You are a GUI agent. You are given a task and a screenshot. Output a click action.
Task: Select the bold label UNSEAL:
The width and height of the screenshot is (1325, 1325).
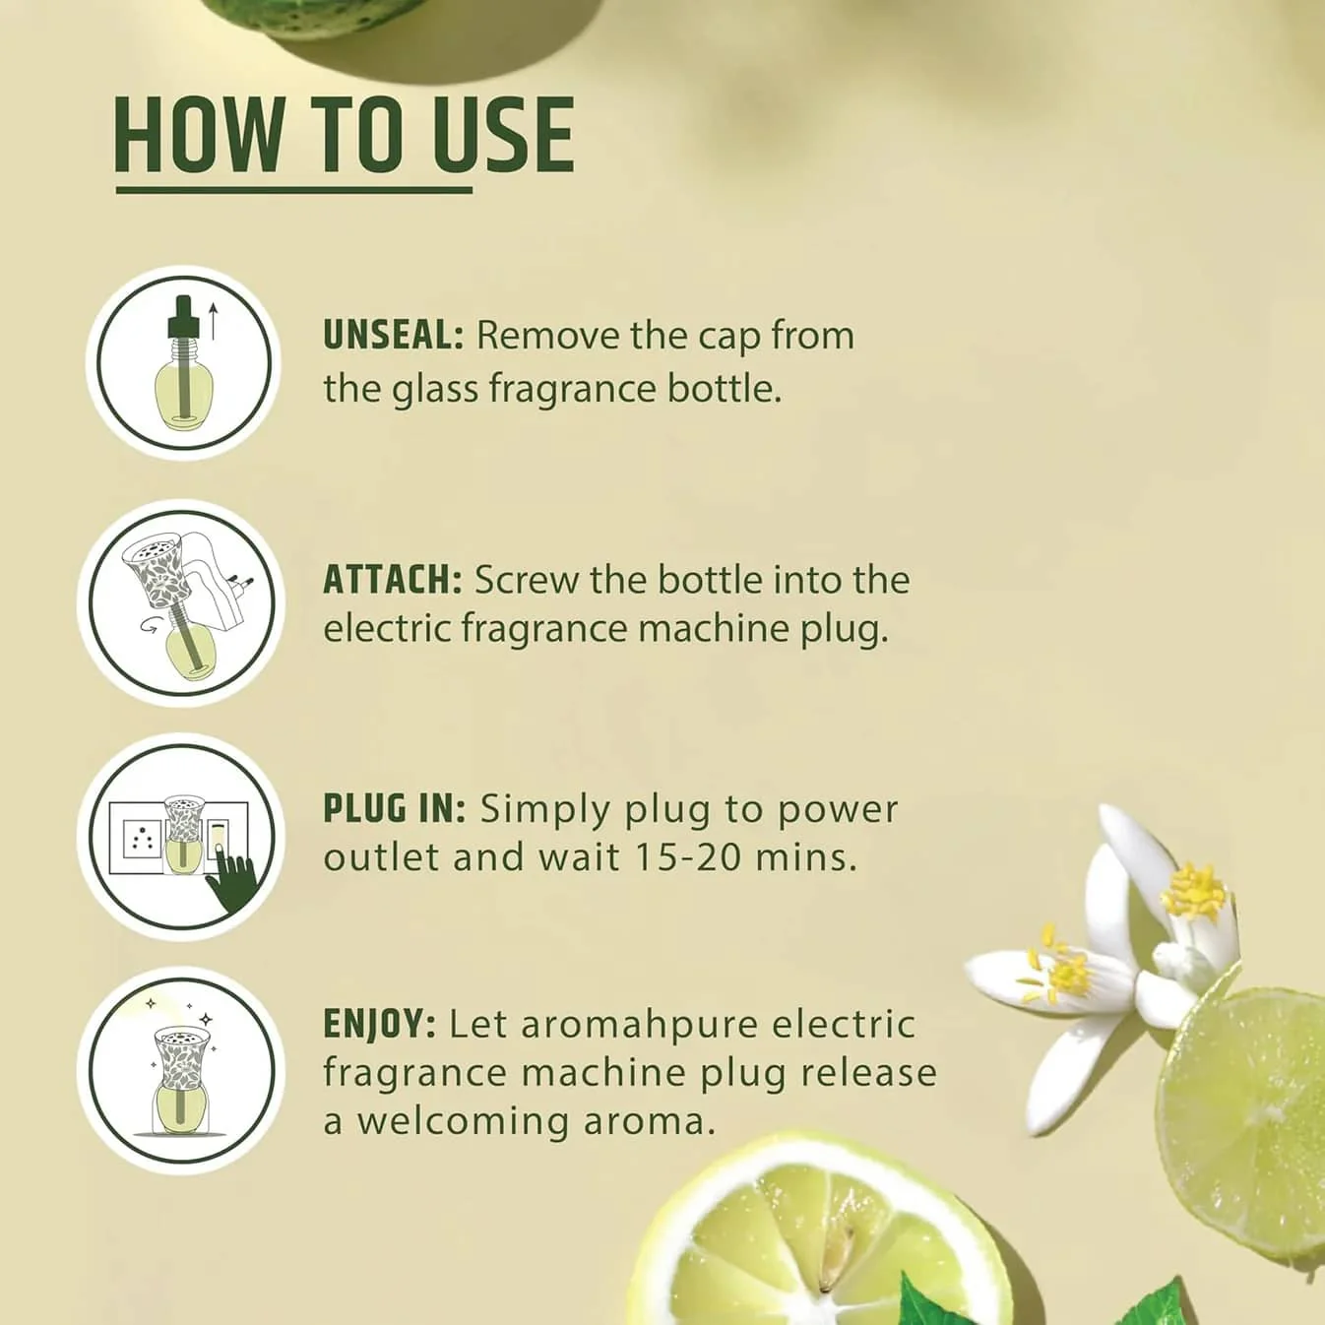pos(394,337)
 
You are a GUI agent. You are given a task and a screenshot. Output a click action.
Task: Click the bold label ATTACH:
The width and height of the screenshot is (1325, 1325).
pos(392,580)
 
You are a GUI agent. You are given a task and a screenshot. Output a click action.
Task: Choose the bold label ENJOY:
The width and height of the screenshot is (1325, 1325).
pos(379,1025)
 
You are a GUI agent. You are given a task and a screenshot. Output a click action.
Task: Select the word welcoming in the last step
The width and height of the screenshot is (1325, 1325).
pos(462,1123)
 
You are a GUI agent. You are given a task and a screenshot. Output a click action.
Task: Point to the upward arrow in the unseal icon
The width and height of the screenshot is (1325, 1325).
pos(214,323)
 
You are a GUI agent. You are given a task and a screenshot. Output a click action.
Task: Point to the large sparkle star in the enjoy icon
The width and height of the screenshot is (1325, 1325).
pos(205,1019)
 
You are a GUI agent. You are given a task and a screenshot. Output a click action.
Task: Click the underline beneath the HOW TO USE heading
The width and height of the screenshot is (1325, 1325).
pos(294,190)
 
